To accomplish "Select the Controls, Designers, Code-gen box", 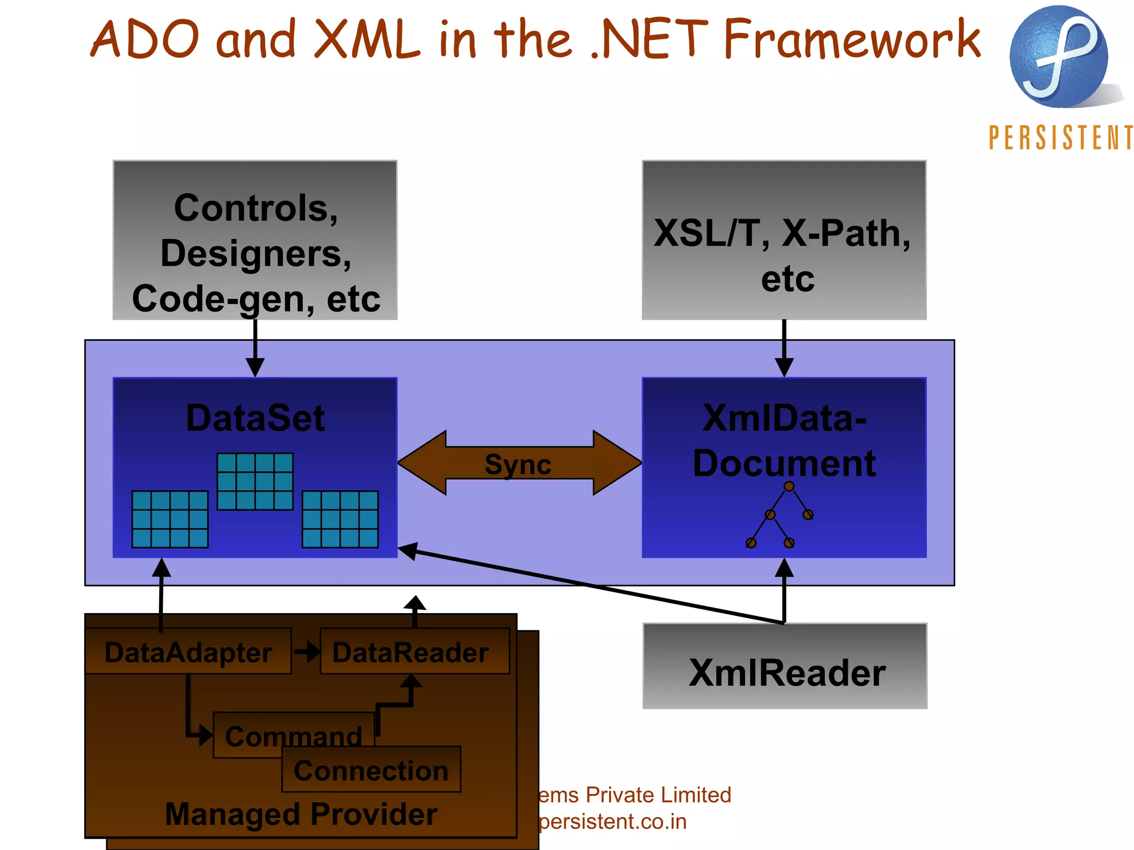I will click(x=255, y=240).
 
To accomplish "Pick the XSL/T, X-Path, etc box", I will click(x=784, y=240).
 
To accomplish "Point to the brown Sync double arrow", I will click(x=519, y=463).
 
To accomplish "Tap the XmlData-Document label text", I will click(x=784, y=440).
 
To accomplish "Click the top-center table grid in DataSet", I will click(x=255, y=481).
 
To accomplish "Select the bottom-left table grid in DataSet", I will click(x=170, y=519).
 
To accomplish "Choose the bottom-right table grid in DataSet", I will click(x=340, y=519).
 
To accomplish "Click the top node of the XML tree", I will click(x=789, y=486).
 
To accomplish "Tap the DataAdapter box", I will click(x=188, y=652).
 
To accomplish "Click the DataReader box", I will click(x=414, y=652).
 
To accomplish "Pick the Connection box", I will click(x=371, y=770).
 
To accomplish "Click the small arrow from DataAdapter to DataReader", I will click(x=306, y=651).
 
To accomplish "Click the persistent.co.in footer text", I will click(x=612, y=822).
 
